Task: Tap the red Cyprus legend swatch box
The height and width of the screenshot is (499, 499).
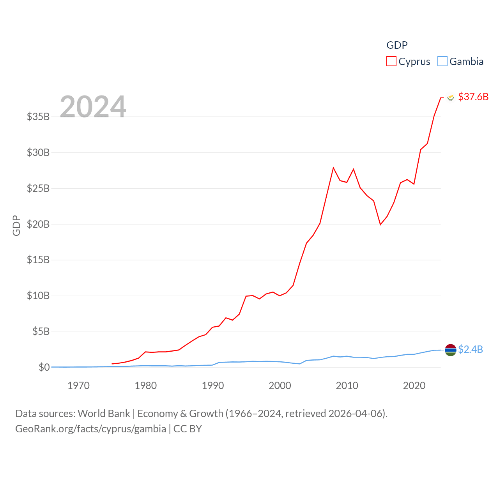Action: pyautogui.click(x=391, y=62)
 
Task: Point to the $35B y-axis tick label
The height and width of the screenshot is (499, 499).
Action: pyautogui.click(x=38, y=117)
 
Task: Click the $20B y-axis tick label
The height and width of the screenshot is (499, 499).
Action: pyautogui.click(x=38, y=224)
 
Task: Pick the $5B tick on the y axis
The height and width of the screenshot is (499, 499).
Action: pyautogui.click(x=41, y=332)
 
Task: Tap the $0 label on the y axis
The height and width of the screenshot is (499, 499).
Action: pyautogui.click(x=44, y=367)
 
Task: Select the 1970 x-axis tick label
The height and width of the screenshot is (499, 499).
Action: pyautogui.click(x=78, y=386)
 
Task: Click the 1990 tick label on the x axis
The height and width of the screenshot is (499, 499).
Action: pyautogui.click(x=213, y=386)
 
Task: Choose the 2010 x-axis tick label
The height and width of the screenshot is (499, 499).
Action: pyautogui.click(x=347, y=386)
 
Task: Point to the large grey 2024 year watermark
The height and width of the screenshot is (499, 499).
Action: pyautogui.click(x=93, y=107)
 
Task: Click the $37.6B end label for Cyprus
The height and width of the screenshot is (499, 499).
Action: pyautogui.click(x=473, y=97)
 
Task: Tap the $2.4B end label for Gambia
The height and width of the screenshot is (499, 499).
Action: pyautogui.click(x=471, y=349)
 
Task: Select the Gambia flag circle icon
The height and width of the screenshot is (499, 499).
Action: pyautogui.click(x=451, y=350)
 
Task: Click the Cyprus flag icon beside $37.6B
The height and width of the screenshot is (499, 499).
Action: pyautogui.click(x=451, y=97)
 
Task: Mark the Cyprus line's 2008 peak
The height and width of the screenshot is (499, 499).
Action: pyautogui.click(x=333, y=168)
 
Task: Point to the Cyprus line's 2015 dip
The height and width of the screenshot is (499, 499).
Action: pyautogui.click(x=380, y=225)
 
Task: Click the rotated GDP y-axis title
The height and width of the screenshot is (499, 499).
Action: pyautogui.click(x=16, y=225)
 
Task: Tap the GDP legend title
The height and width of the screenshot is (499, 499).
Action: pyautogui.click(x=397, y=45)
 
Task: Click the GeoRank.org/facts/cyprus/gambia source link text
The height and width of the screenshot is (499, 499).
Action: pyautogui.click(x=90, y=429)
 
